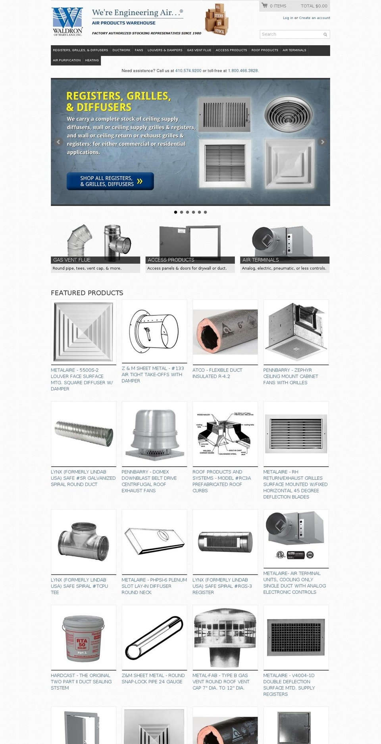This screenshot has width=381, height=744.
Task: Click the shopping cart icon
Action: [x=265, y=6]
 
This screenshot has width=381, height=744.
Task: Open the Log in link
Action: [x=288, y=18]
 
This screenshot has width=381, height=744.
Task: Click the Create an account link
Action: [x=314, y=18]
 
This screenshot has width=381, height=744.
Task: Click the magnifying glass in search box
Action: [x=325, y=35]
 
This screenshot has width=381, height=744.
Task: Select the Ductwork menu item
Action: [x=121, y=50]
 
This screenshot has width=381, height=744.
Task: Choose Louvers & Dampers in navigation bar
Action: [x=165, y=50]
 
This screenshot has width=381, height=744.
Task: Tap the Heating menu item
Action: [x=92, y=60]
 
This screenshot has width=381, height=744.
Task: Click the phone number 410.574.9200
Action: [x=188, y=71]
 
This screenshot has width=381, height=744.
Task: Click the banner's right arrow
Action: [x=322, y=142]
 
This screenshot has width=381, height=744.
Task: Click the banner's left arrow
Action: [x=59, y=142]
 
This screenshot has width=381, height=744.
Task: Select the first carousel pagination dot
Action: [x=175, y=212]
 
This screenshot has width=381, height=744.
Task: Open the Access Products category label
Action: [x=171, y=260]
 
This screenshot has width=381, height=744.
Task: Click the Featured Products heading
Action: [x=87, y=293]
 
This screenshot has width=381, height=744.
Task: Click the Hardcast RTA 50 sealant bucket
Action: [x=83, y=638]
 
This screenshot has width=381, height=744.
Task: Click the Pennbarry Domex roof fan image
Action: [x=154, y=434]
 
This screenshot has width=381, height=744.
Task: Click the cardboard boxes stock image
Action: [x=217, y=19]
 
